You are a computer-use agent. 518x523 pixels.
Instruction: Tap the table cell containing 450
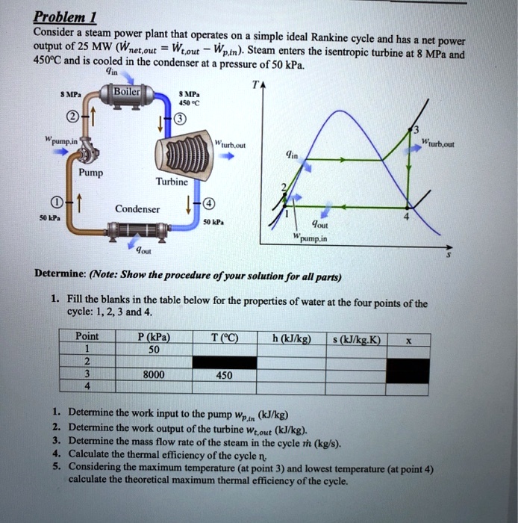223,375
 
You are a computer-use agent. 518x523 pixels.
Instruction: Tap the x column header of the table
408,338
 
